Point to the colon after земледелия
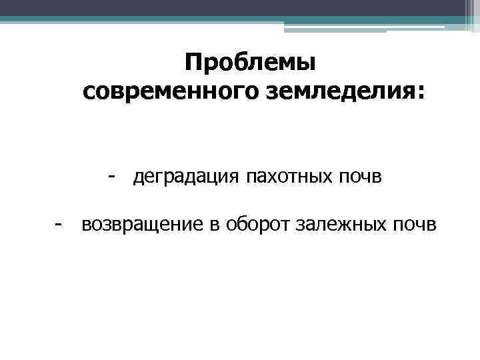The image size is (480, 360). click(419, 94)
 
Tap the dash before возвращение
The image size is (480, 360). click(59, 225)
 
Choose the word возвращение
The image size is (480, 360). click(140, 225)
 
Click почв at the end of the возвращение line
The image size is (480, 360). click(417, 225)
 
